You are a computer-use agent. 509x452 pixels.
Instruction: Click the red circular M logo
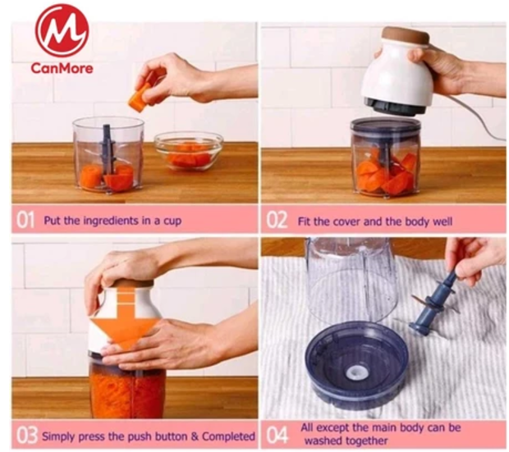(x=62, y=31)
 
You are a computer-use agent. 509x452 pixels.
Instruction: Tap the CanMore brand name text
(x=62, y=68)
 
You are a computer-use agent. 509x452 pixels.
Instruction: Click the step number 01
(x=25, y=221)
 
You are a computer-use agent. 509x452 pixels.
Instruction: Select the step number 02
(x=277, y=220)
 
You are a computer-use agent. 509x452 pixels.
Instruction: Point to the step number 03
(x=27, y=436)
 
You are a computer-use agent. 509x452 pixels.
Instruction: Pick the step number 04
(x=277, y=435)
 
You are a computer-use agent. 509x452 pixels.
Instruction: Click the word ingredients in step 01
(x=111, y=221)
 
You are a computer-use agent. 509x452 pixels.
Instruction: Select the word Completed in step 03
(x=228, y=436)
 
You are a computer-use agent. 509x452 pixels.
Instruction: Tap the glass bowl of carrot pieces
(x=189, y=151)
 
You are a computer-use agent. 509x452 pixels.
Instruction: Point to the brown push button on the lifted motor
(x=406, y=36)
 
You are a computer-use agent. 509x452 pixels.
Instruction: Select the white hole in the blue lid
(x=357, y=373)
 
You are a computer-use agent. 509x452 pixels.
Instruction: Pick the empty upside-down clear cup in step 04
(x=352, y=279)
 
